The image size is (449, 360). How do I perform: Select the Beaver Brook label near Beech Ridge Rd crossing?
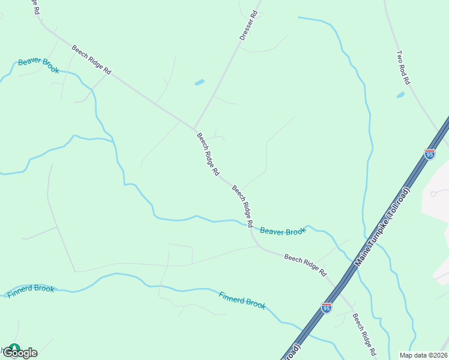pos(283,231)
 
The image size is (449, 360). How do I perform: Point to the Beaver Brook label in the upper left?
pos(38,65)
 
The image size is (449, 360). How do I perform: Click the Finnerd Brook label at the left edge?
pos(31,292)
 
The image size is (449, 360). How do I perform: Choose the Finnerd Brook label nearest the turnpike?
pos(242,299)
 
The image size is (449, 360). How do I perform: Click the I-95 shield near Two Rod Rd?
pos(429,154)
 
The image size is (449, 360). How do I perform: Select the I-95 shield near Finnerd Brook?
pos(327,308)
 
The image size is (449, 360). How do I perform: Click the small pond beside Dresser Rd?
pos(199,82)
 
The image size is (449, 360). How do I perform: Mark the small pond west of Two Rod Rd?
pos(400,95)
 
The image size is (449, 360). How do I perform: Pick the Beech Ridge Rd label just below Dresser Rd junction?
pos(208,154)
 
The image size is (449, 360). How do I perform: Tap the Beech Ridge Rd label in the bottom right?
pos(364,334)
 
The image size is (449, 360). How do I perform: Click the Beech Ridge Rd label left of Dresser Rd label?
pos(91,59)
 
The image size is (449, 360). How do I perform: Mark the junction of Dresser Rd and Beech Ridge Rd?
pos(194,128)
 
